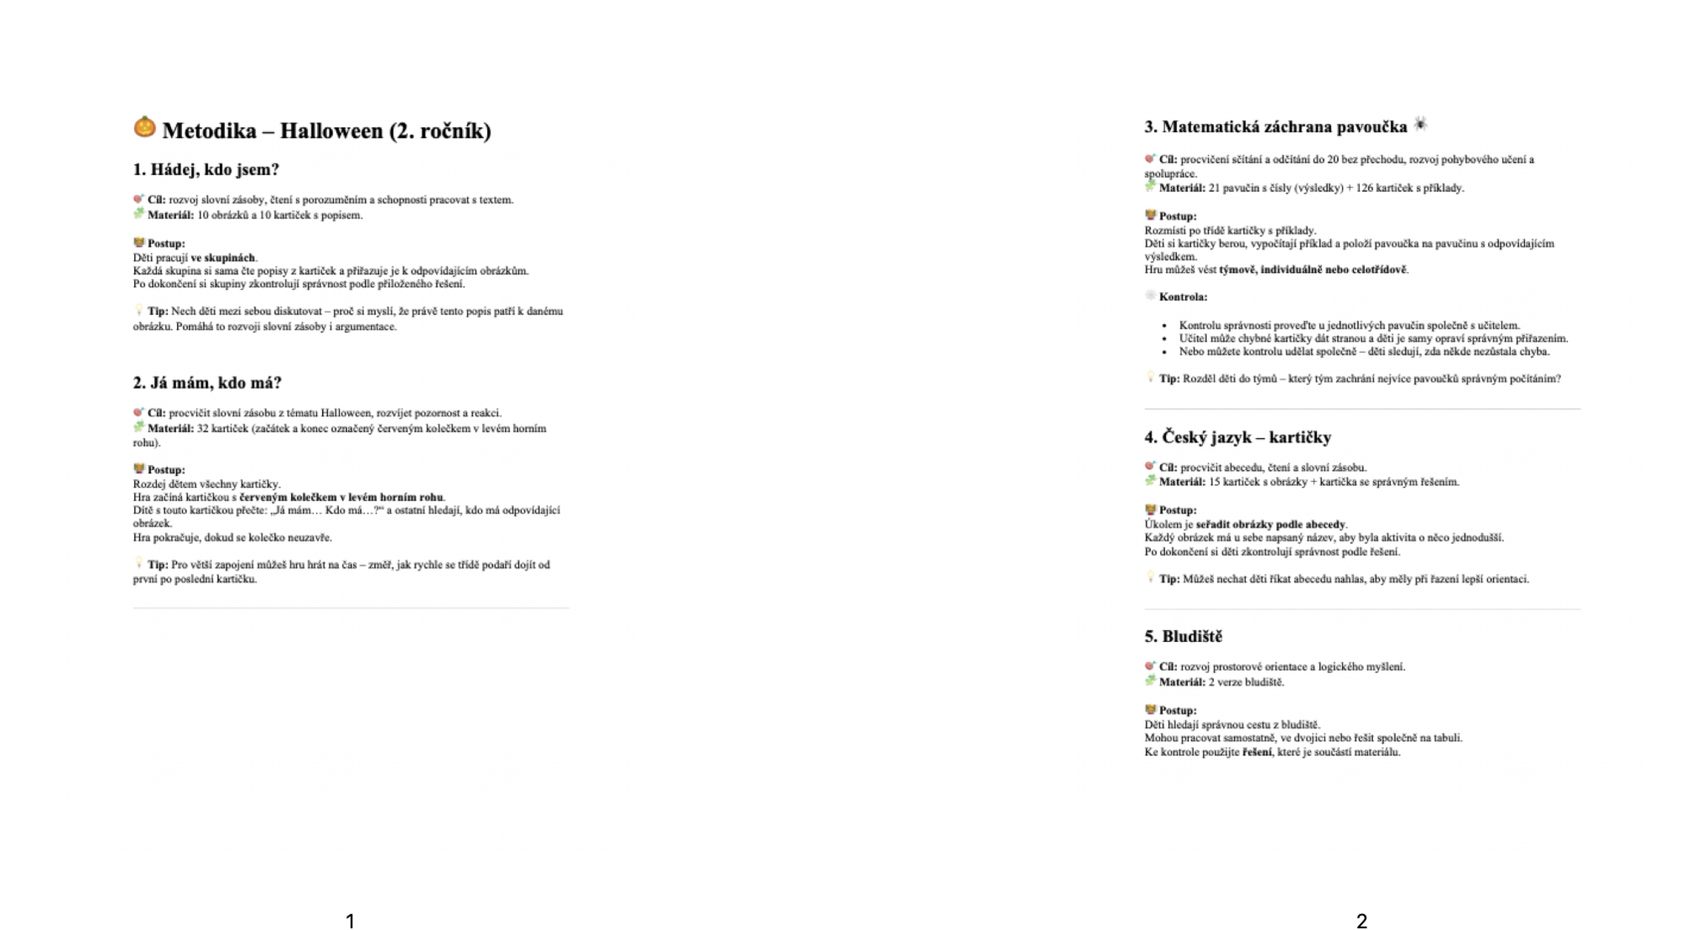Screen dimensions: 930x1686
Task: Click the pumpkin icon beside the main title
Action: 145,127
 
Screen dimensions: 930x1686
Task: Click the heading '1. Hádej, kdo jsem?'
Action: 206,169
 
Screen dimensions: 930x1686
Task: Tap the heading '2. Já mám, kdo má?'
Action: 207,382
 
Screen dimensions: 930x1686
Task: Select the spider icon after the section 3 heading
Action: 1420,125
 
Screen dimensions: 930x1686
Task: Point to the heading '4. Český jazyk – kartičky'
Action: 1238,437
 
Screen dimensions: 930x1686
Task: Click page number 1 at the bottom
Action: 351,921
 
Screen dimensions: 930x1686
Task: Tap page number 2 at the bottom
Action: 1361,921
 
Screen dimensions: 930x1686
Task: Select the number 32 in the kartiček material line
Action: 202,429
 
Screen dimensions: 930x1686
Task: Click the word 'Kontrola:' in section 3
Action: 1183,297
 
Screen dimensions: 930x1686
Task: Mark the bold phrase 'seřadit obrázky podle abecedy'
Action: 1270,524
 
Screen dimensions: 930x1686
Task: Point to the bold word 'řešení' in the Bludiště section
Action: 1257,752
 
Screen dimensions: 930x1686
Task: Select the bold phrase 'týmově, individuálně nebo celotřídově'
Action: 1313,270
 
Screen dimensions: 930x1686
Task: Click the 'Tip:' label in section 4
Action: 1168,579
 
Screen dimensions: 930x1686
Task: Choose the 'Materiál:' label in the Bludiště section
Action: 1182,682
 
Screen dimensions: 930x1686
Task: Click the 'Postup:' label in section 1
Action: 166,243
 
